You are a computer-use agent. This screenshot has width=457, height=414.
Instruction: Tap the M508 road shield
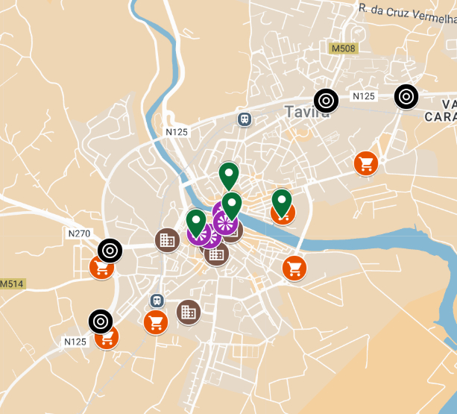pos(344,49)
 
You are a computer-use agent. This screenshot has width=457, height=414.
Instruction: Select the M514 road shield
pos(11,284)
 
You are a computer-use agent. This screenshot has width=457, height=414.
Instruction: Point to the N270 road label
pos(79,233)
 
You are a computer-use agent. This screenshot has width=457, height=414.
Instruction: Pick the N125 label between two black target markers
pos(364,96)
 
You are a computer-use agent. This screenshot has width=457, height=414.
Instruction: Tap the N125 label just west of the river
pos(177,132)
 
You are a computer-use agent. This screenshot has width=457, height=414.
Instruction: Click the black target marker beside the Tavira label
pos(325,100)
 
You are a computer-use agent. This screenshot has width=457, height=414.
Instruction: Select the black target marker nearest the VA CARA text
pos(406,95)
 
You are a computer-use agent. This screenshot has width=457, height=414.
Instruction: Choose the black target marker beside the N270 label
pos(110,250)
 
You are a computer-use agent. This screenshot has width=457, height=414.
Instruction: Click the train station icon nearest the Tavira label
pos(244,119)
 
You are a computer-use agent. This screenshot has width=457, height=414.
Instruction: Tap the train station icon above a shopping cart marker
pos(157,301)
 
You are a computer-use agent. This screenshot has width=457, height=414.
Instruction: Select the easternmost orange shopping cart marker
pos(365,163)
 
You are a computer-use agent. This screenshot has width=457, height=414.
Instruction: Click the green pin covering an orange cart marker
pos(281,201)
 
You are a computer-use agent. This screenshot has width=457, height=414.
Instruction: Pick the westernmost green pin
pos(196,222)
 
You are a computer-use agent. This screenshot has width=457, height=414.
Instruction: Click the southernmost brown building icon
pos(188,312)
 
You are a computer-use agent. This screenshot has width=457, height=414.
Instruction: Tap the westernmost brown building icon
pos(167,239)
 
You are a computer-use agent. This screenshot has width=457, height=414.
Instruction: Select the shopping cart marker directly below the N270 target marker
pos(102,267)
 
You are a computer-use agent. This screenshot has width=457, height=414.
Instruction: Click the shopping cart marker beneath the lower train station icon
pos(155,322)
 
